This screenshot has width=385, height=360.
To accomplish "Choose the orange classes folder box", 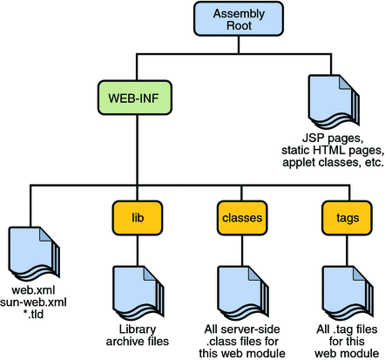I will coord(237,215).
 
